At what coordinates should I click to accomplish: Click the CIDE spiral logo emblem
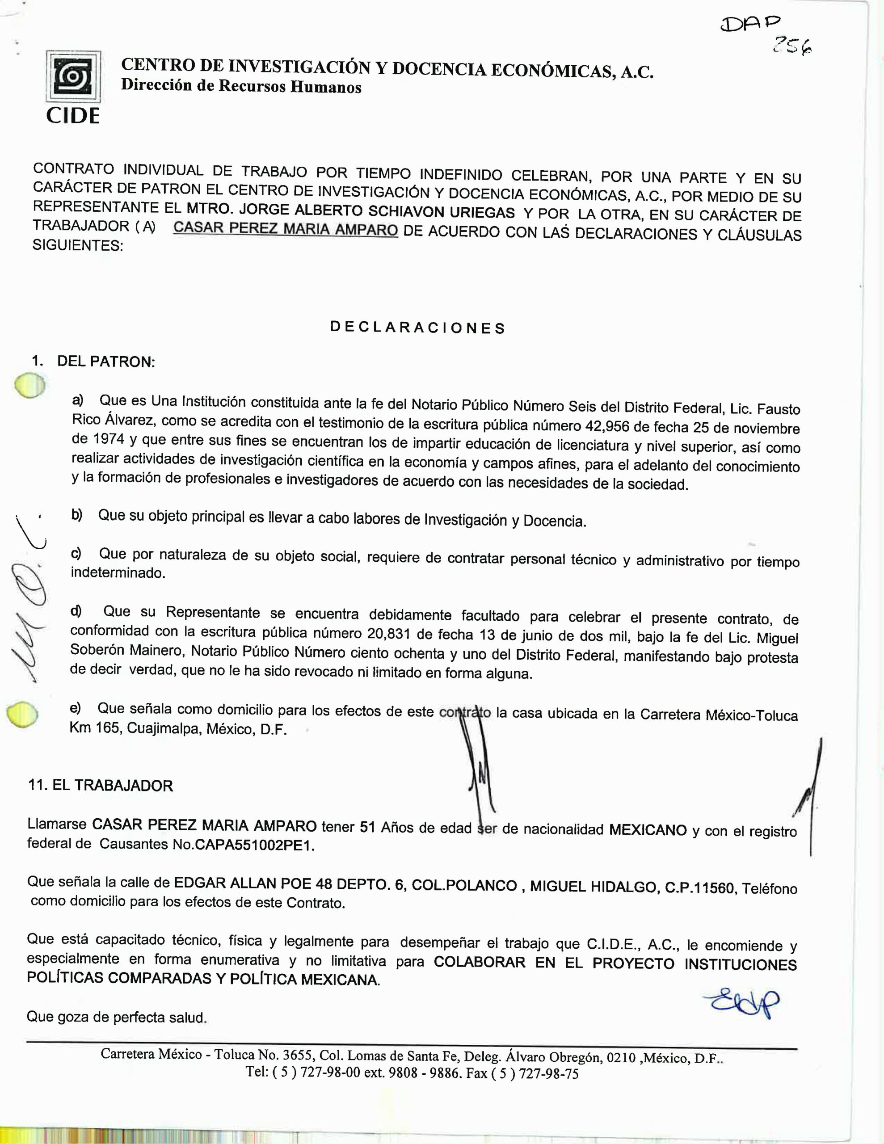73,76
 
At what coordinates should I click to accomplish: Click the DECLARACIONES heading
417,328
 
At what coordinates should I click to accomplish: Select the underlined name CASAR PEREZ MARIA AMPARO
286,229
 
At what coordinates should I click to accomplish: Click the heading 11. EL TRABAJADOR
101,785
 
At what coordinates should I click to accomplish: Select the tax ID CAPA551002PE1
255,846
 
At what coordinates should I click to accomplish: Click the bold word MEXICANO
648,830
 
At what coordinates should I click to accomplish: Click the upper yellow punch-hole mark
30,386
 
